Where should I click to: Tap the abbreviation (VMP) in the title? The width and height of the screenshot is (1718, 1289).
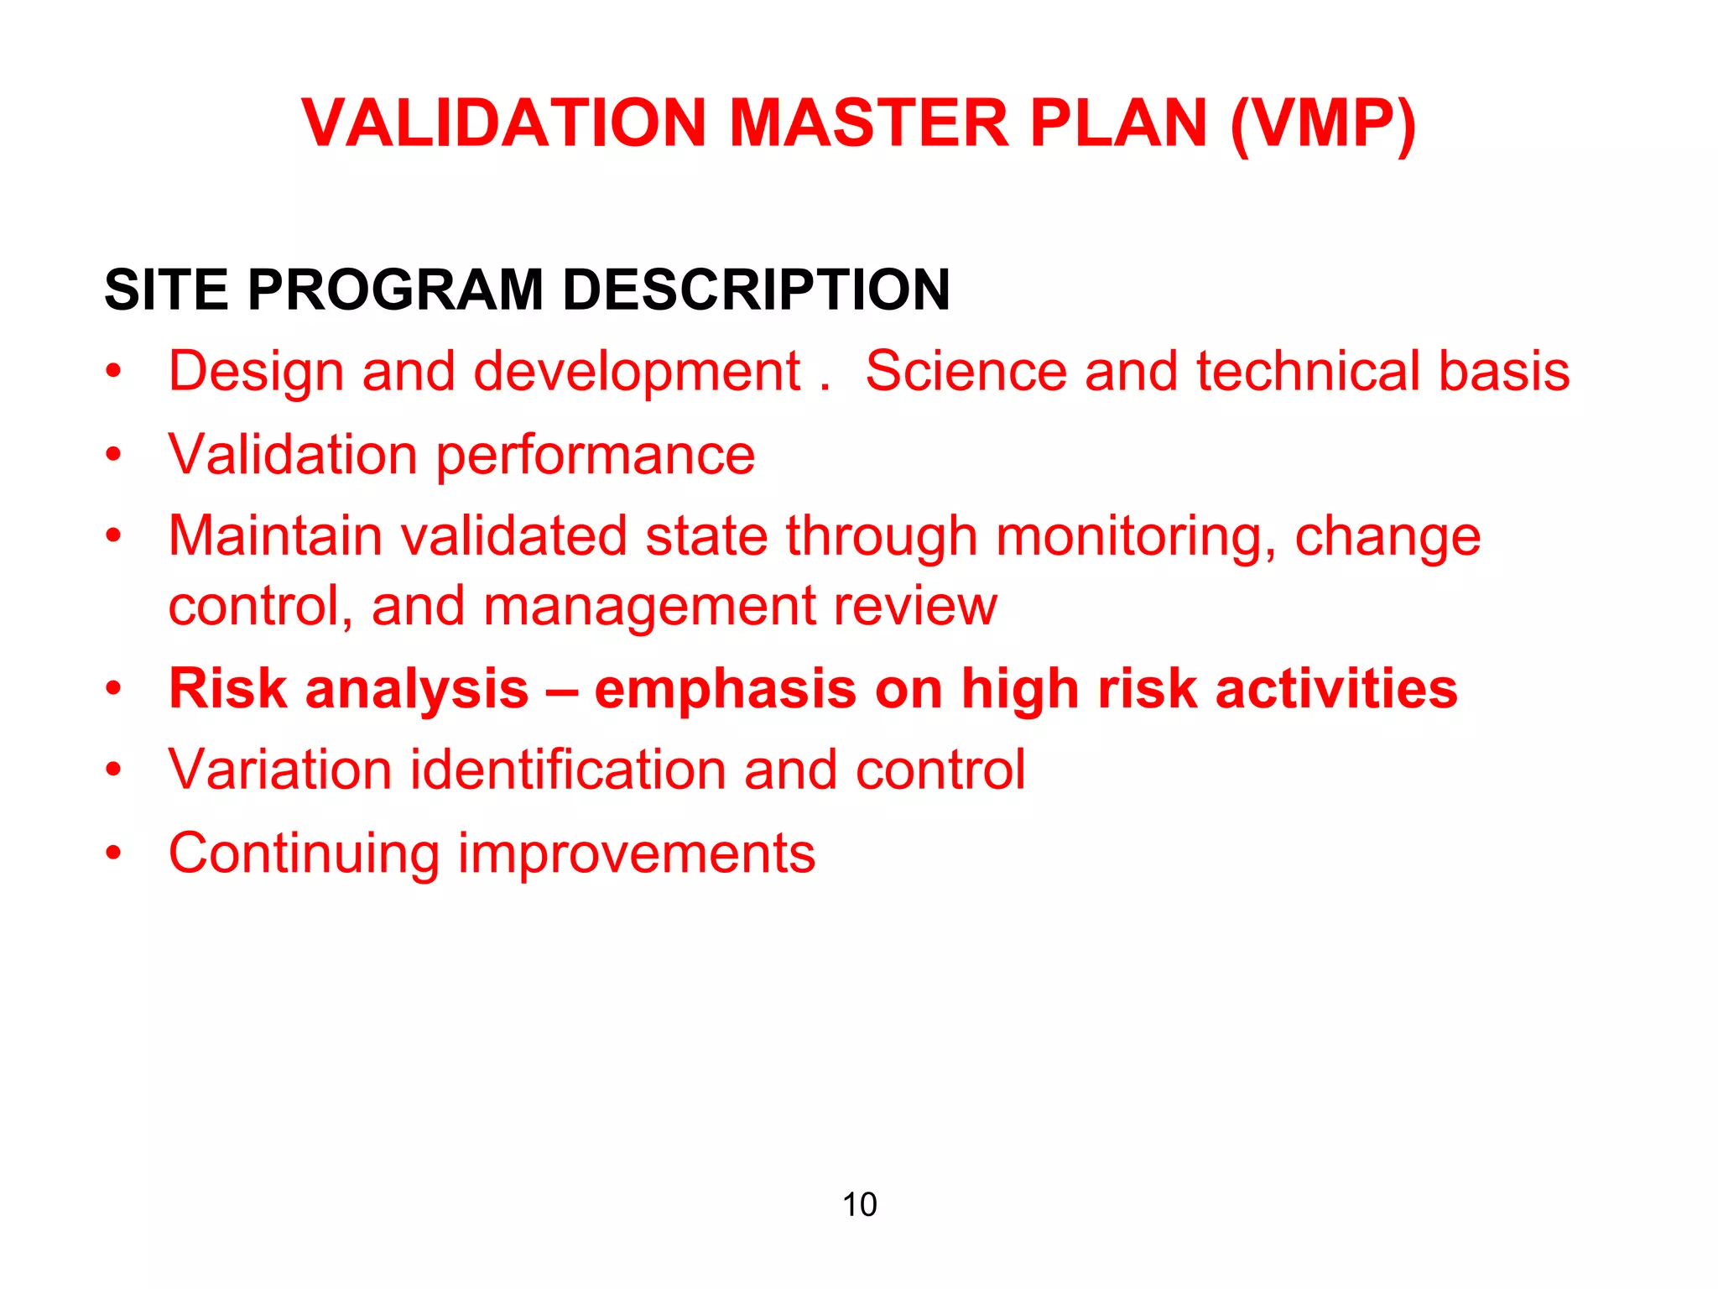1323,125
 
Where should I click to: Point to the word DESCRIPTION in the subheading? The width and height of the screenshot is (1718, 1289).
756,290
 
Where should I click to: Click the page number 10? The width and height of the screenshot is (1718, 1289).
859,1204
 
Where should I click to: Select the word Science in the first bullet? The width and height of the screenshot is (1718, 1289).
966,371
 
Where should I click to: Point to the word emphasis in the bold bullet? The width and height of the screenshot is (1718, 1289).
726,690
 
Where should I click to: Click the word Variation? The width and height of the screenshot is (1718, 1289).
280,770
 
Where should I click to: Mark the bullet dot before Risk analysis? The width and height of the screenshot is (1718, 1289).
114,690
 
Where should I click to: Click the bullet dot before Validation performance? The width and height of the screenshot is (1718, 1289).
114,456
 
